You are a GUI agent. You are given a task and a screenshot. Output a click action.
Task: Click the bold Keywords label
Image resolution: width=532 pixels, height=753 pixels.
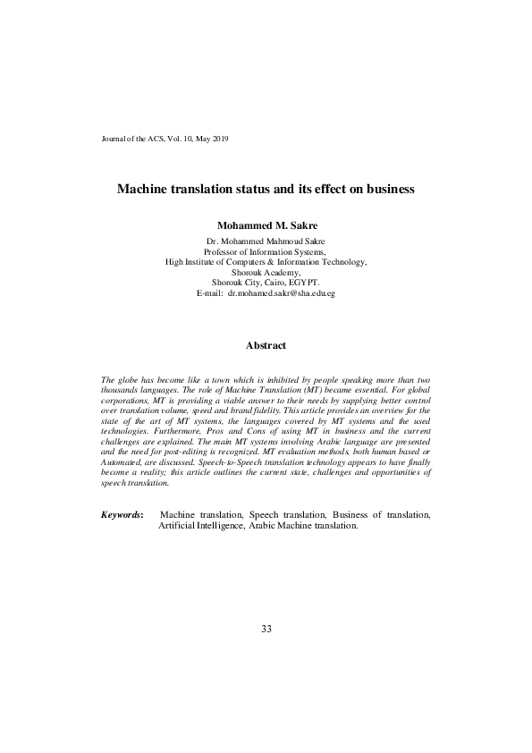tap(122, 516)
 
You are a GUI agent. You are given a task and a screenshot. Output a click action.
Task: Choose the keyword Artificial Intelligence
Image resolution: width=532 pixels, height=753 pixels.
tap(202, 527)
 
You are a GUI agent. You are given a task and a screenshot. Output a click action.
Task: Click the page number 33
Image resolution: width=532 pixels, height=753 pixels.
tap(266, 629)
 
